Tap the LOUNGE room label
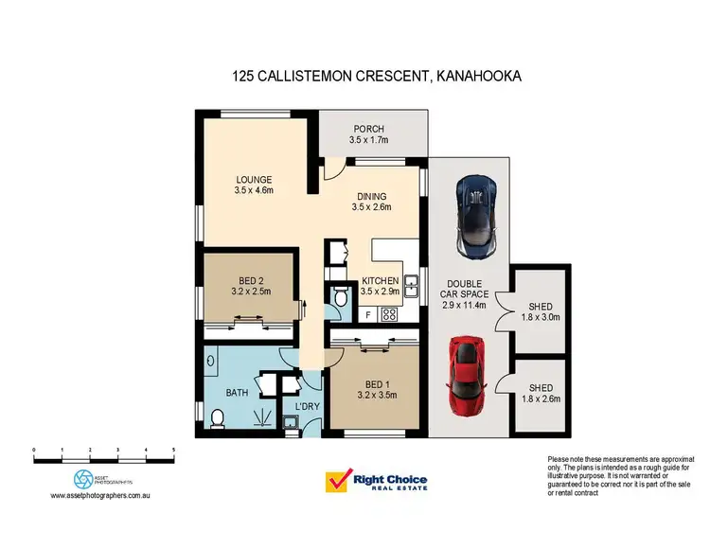pos(255,180)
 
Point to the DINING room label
pos(371,196)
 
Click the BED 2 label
pos(252,279)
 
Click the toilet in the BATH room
pos(217,417)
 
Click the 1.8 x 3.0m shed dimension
pos(541,319)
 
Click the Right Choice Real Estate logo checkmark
pos(337,482)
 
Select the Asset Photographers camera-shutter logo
pos(85,479)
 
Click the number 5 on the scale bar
pos(173,451)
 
